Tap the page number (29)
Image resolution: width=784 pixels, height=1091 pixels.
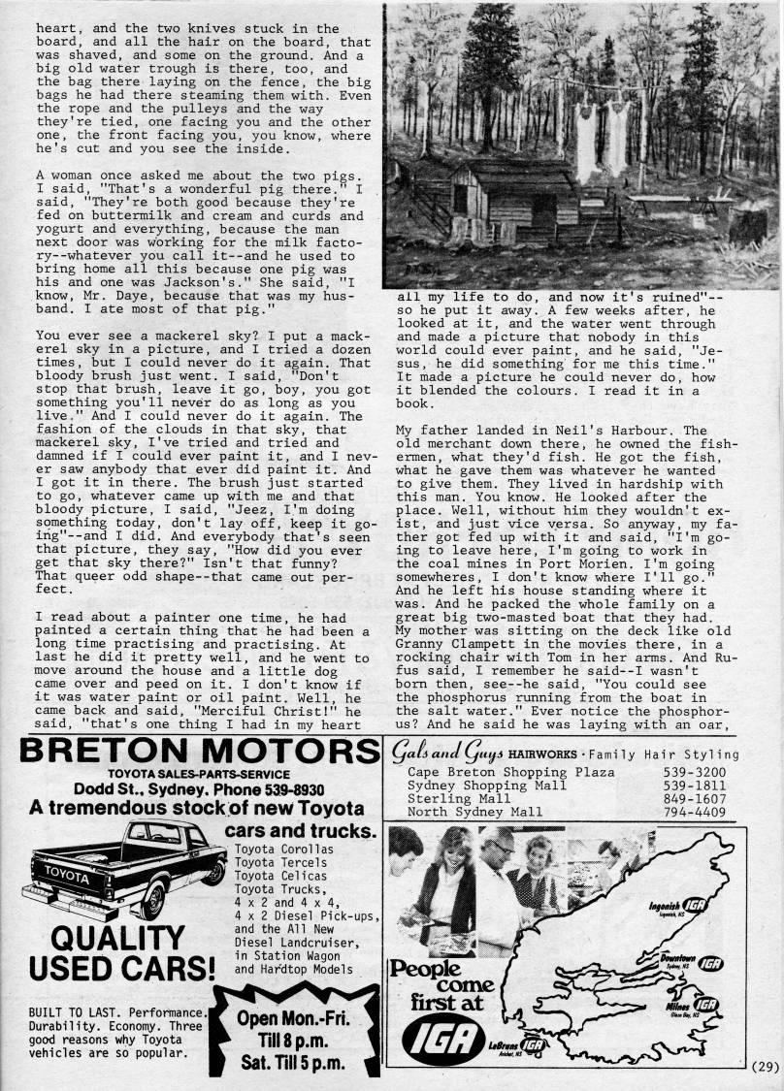coord(765,1070)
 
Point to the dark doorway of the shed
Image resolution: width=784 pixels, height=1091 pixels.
coord(460,199)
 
